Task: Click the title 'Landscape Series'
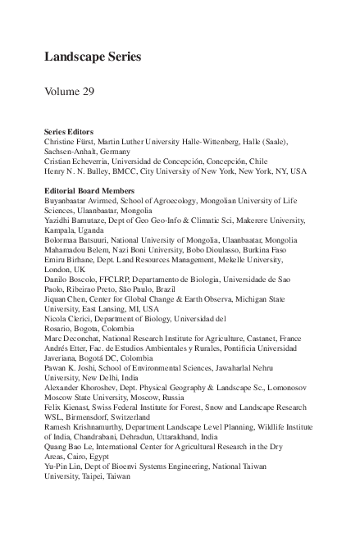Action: pos(93,57)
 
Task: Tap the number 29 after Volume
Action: pos(86,91)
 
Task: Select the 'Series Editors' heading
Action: pos(68,131)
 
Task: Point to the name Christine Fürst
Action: pos(74,141)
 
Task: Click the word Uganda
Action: pos(90,230)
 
